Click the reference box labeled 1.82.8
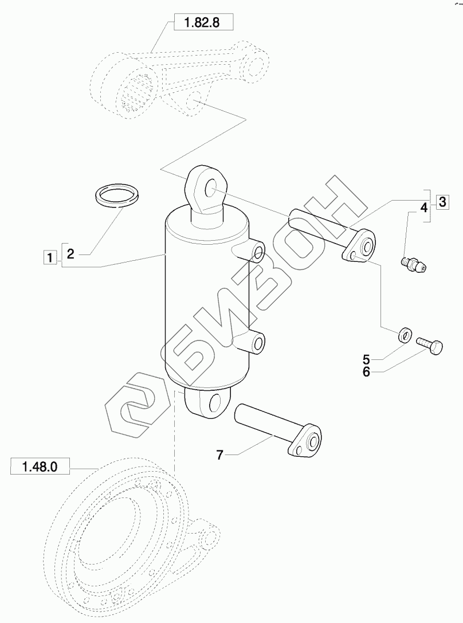click(203, 22)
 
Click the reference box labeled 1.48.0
click(40, 466)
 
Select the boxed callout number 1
click(50, 257)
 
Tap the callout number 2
click(70, 254)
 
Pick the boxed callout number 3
click(442, 202)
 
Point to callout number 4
click(423, 207)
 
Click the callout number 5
click(366, 360)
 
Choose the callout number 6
click(366, 372)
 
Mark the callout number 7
click(221, 454)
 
